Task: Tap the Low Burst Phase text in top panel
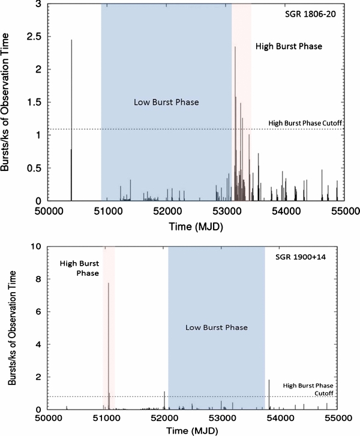point(166,102)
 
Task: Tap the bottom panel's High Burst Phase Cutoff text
point(308,389)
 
